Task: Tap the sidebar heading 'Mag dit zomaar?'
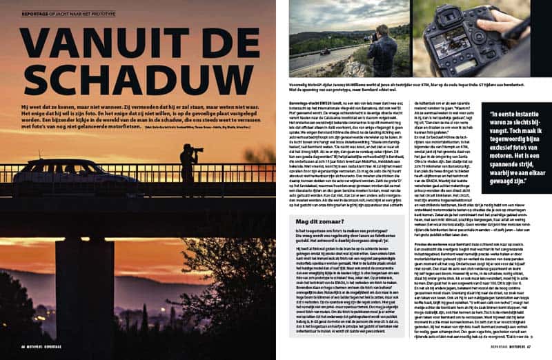click(319, 201)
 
